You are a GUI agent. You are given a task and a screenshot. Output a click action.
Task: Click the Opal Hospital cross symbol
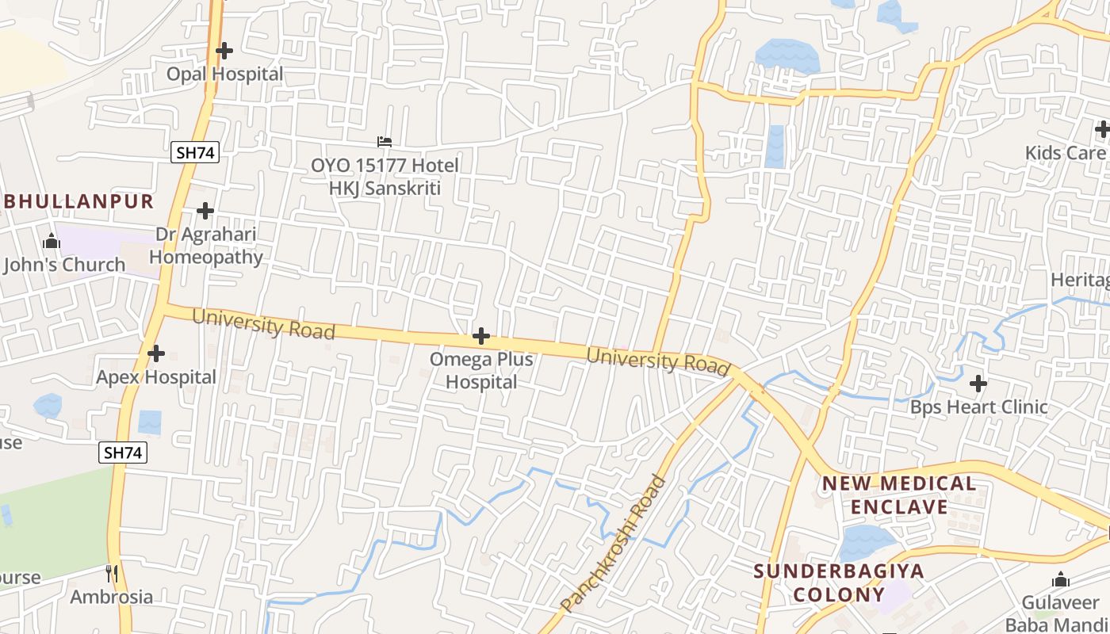224,51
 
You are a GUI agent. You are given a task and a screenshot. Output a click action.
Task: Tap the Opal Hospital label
224,74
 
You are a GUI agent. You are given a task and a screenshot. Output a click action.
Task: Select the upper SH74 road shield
194,153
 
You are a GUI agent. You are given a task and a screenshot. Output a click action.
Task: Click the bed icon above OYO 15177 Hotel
385,142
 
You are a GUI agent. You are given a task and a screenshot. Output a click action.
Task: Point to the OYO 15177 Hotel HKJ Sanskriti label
385,177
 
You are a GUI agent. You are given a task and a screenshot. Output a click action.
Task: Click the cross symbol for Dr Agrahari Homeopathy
205,211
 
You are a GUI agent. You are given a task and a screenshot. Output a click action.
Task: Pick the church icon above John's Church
52,241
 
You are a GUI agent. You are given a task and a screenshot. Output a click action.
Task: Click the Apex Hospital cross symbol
156,353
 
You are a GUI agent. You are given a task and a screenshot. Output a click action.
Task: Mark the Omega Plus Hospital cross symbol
481,336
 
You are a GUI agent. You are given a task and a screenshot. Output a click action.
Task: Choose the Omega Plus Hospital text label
481,370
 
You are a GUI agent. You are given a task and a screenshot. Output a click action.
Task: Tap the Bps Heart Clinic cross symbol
978,384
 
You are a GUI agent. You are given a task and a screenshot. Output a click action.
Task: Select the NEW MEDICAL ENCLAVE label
898,495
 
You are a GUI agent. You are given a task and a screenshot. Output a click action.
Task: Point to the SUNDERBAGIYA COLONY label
839,582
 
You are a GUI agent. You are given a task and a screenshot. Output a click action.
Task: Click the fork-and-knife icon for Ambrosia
112,573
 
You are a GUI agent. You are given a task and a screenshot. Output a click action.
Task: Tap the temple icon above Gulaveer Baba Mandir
1061,580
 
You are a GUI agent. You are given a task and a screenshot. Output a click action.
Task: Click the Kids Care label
1065,153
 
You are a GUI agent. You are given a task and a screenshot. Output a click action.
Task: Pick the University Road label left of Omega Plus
263,324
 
